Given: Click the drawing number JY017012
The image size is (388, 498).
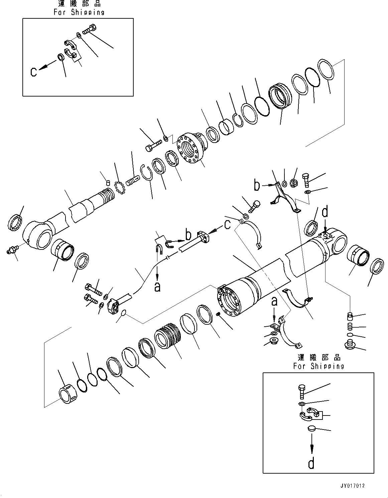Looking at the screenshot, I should coord(353,486).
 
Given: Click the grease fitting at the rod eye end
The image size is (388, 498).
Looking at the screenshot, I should coord(11,250).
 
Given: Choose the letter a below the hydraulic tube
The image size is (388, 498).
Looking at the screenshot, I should coord(157,287).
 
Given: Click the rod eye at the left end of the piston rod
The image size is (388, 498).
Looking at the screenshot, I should coord(37,235).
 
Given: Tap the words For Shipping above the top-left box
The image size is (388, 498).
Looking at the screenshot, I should coord(79,12).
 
